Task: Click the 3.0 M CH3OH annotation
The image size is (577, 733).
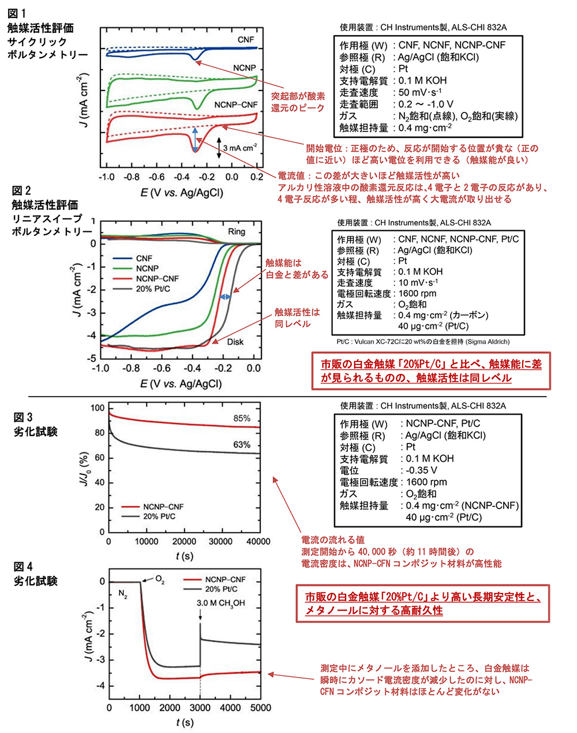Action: point(220,603)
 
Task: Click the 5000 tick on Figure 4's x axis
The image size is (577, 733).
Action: point(261,708)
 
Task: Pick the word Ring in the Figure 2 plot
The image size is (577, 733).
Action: point(237,231)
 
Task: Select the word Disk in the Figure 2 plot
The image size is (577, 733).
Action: point(235,341)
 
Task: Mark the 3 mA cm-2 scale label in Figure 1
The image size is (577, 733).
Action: point(239,148)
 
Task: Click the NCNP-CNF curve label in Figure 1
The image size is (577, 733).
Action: point(235,106)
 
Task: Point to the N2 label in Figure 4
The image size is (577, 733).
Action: point(123,593)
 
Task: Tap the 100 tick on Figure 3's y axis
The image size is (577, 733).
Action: point(99,408)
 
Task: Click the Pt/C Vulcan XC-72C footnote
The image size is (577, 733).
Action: point(421,341)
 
